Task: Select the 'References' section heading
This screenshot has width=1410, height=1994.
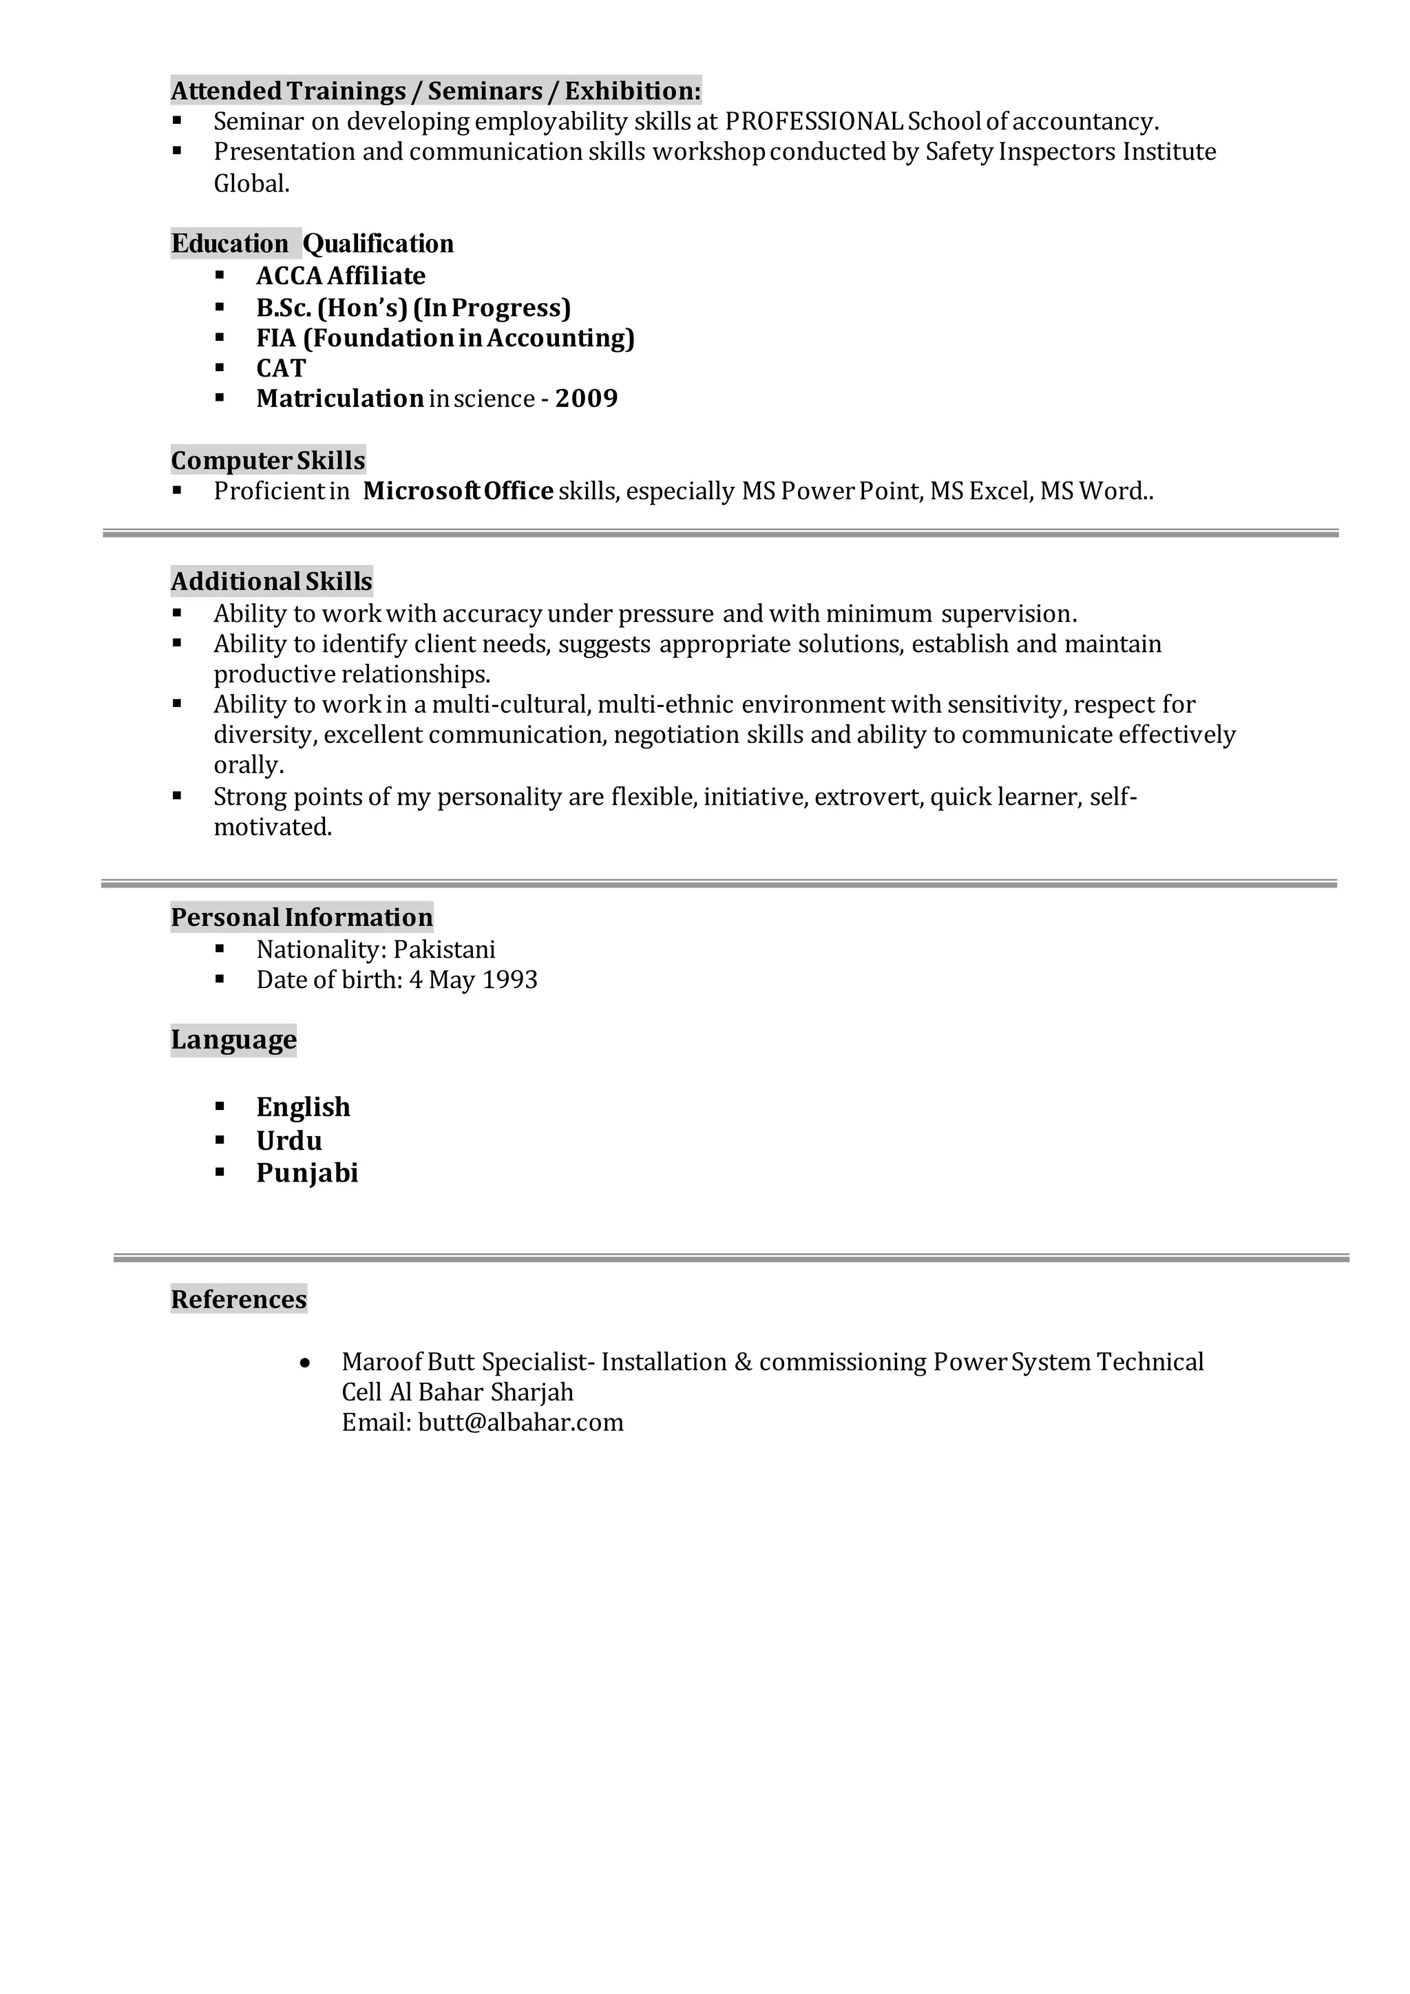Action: tap(239, 1299)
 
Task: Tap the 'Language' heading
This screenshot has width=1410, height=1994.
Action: tap(233, 1040)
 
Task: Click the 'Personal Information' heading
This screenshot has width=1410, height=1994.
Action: tap(302, 917)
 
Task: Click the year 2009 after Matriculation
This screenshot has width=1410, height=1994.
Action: tap(587, 399)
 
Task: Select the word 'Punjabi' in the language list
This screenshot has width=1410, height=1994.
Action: tap(307, 1173)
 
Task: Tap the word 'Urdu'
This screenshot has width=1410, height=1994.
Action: tap(289, 1140)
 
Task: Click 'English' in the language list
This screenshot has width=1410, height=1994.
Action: tap(303, 1107)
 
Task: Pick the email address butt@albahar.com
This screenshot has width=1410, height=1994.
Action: tap(521, 1423)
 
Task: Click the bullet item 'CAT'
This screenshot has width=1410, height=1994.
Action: tap(282, 368)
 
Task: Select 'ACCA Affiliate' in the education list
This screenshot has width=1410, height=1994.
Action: tap(341, 276)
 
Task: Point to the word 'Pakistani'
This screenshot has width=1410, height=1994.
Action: tap(445, 949)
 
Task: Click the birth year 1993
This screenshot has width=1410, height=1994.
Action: tap(509, 980)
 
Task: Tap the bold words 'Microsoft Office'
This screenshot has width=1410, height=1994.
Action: tap(459, 492)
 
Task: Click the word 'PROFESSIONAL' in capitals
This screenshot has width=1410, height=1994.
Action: tap(814, 122)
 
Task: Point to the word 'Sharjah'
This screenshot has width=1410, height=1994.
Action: tap(532, 1392)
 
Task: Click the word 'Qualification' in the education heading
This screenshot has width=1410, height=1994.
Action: tap(379, 244)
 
